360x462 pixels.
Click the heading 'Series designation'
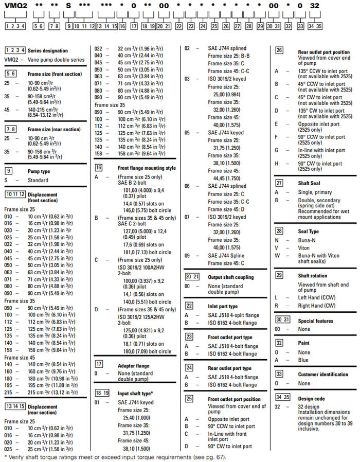pyautogui.click(x=47, y=50)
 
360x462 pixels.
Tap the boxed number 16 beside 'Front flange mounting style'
pyautogui.click(x=99, y=168)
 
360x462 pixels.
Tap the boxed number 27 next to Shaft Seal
pyautogui.click(x=279, y=183)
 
